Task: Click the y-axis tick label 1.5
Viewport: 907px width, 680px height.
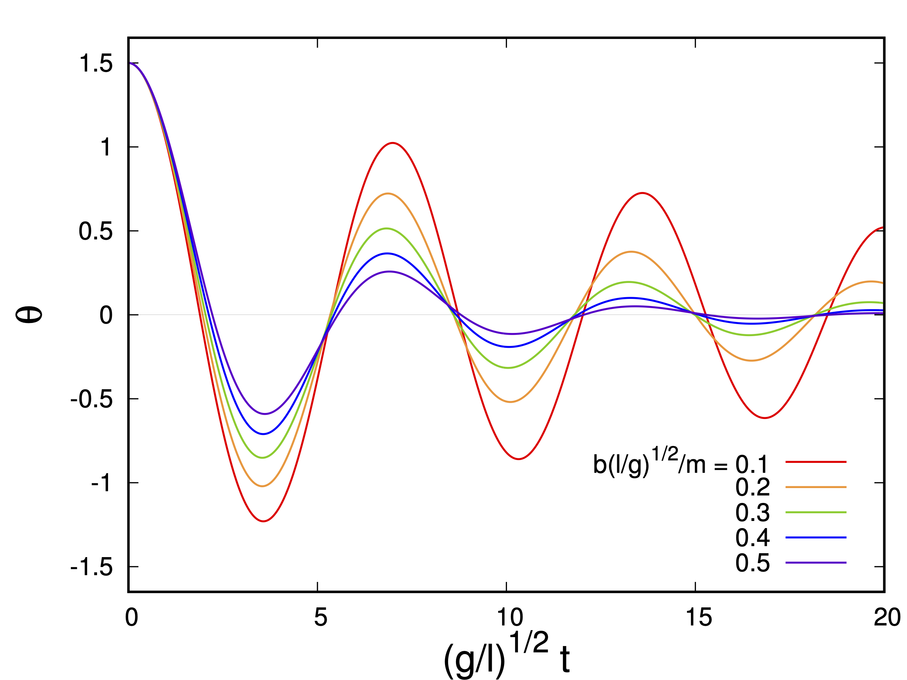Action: [96, 64]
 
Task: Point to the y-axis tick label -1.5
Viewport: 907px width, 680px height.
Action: [91, 568]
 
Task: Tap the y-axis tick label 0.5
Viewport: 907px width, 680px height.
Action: [96, 232]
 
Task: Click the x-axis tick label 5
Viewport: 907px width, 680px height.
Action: [321, 617]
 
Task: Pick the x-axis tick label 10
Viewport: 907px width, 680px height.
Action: [510, 617]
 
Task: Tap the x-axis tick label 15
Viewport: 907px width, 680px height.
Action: [699, 617]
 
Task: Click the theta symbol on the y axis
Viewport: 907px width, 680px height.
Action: [29, 315]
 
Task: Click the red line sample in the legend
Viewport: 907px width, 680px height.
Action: [816, 462]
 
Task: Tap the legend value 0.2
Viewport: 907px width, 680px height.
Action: [753, 487]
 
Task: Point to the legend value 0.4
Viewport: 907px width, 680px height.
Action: [753, 537]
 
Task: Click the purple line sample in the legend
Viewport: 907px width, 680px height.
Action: [816, 563]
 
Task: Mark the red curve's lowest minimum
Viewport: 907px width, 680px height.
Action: [264, 521]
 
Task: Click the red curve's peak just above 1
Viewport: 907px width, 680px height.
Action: [393, 143]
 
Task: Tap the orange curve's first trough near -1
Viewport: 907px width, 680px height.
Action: [263, 486]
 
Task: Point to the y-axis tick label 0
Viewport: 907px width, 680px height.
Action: [106, 316]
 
